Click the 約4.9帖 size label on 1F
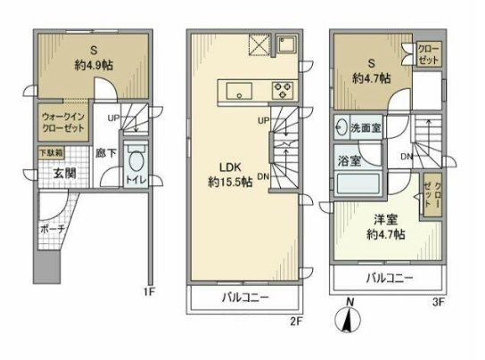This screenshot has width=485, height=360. (x=93, y=65)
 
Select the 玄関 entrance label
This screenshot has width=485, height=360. (x=51, y=174)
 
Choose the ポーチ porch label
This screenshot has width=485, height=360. (x=51, y=228)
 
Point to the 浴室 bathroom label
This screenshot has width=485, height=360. (x=348, y=161)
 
